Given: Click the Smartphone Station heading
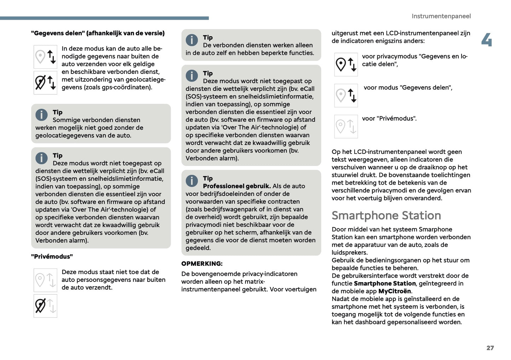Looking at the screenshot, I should [x=386, y=215].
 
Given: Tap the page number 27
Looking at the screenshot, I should [x=490, y=348].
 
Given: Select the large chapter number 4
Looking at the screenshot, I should [x=487, y=40].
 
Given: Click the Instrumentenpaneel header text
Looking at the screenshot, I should [x=441, y=16].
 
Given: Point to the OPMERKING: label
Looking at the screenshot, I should [x=202, y=263].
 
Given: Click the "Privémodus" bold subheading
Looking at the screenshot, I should [x=52, y=256].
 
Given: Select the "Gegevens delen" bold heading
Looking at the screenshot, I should [x=98, y=33].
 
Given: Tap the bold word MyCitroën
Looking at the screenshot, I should [x=394, y=291].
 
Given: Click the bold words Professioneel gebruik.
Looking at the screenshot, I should [x=237, y=186].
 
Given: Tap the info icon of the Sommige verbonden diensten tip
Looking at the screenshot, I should [x=41, y=115].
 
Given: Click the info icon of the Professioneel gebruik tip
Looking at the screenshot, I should [x=192, y=181].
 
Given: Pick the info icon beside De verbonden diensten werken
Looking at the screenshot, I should [x=192, y=40].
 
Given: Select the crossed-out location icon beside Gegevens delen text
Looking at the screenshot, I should [x=45, y=83].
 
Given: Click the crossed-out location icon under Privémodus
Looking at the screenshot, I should [x=45, y=306].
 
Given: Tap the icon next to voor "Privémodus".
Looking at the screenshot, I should [x=346, y=127].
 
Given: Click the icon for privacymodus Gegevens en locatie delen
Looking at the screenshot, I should [x=346, y=64].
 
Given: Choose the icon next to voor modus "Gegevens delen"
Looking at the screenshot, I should [x=346, y=95].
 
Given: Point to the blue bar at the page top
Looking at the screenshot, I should [x=104, y=18].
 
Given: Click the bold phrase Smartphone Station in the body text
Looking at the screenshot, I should [x=384, y=283].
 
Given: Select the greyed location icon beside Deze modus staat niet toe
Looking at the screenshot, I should [x=45, y=280].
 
